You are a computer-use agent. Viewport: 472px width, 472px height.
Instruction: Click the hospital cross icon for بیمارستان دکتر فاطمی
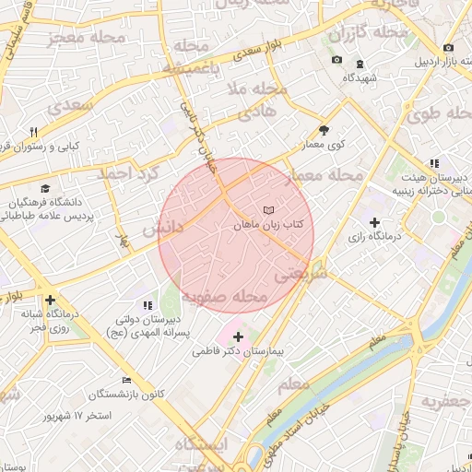coord(239,337)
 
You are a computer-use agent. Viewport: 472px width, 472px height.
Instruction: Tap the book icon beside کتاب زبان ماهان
coord(269,211)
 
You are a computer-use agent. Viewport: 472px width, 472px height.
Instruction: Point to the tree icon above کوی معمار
coord(324,130)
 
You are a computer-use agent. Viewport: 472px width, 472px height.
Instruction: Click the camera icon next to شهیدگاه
coord(336,61)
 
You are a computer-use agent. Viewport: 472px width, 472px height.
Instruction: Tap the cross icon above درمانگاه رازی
coord(374,222)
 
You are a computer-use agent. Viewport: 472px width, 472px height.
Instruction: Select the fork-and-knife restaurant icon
coord(34,132)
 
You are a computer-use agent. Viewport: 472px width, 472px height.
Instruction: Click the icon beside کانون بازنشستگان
coord(126,381)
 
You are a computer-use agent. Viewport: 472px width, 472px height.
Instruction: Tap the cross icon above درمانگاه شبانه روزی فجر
coord(50,300)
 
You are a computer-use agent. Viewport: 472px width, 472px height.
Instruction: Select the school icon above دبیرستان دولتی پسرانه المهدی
coord(147,305)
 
